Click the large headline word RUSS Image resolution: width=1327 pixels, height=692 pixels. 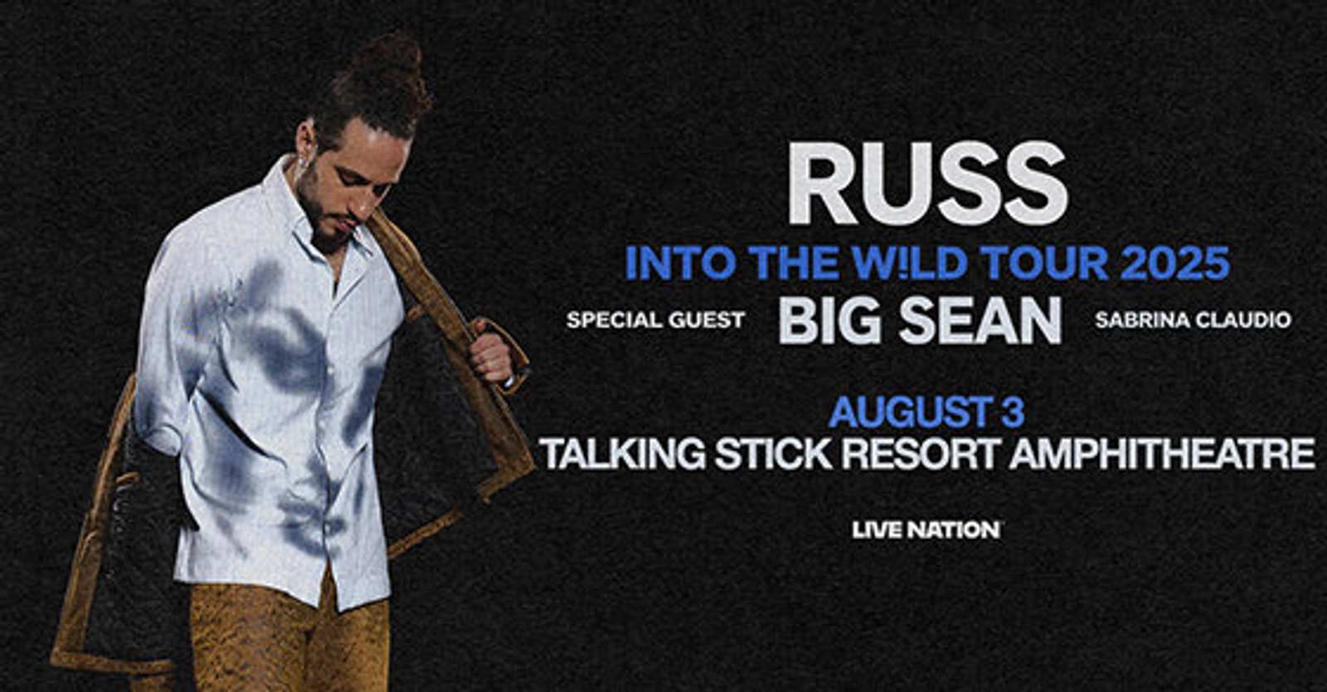tap(927, 183)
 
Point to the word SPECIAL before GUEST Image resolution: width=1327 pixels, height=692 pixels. tap(612, 320)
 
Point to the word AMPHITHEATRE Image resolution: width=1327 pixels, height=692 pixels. tap(1162, 455)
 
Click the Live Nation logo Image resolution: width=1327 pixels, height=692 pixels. tap(926, 529)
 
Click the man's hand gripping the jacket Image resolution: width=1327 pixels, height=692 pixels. tap(492, 354)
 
